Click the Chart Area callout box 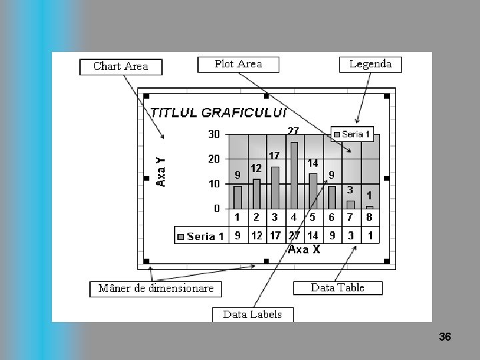[121, 67]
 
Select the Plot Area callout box [238, 65]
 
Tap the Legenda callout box [371, 65]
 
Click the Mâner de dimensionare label [156, 289]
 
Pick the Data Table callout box [338, 288]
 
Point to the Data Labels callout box [253, 315]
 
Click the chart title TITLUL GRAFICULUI [219, 113]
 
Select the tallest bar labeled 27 [294, 175]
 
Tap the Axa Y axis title [161, 171]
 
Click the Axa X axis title [304, 249]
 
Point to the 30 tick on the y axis [213, 135]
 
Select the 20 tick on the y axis [213, 159]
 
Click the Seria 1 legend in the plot [352, 135]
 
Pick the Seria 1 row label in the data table [201, 236]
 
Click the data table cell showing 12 [257, 235]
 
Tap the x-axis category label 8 [369, 217]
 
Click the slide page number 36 [445, 337]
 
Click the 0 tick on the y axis [217, 209]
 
